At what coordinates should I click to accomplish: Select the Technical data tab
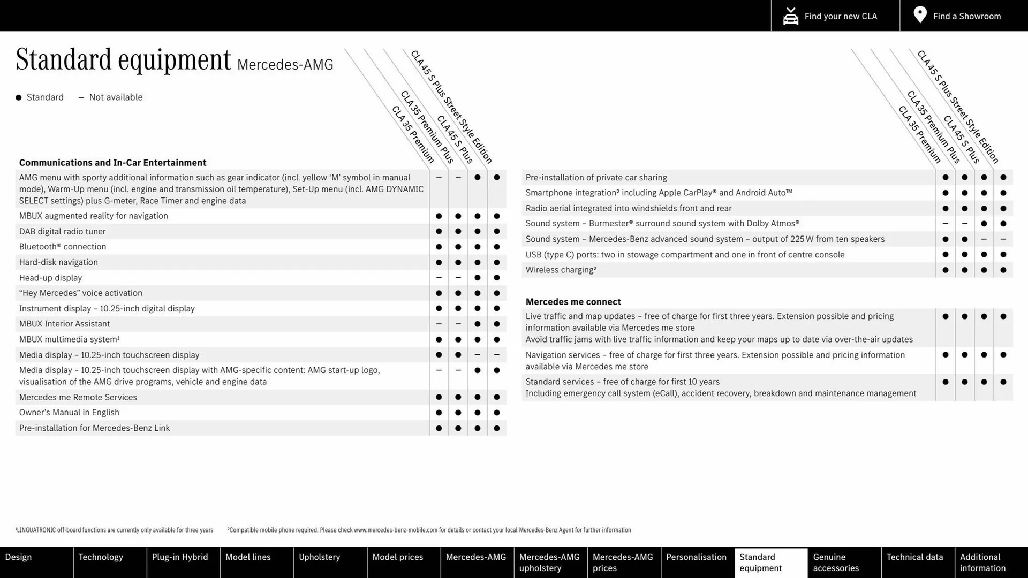(914, 557)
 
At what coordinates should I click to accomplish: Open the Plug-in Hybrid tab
(180, 557)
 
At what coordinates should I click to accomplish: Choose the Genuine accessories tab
(836, 562)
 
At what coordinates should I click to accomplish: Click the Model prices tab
(397, 557)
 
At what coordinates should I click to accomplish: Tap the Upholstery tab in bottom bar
(319, 557)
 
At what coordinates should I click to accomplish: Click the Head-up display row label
(51, 278)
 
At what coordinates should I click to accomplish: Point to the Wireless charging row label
(561, 270)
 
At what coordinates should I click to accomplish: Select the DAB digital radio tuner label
(63, 231)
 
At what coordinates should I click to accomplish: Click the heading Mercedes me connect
(573, 302)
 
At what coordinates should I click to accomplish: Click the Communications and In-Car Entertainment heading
(112, 163)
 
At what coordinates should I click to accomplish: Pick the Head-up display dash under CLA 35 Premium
(439, 278)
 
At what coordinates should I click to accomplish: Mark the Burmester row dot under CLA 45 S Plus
(984, 224)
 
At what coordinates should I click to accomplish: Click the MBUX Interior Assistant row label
(64, 324)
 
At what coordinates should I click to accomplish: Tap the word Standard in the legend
(45, 97)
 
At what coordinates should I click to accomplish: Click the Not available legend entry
(115, 97)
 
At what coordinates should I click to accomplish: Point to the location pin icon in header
(920, 15)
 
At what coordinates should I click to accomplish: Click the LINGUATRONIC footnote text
(115, 530)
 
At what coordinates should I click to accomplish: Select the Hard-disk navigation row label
(58, 262)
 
